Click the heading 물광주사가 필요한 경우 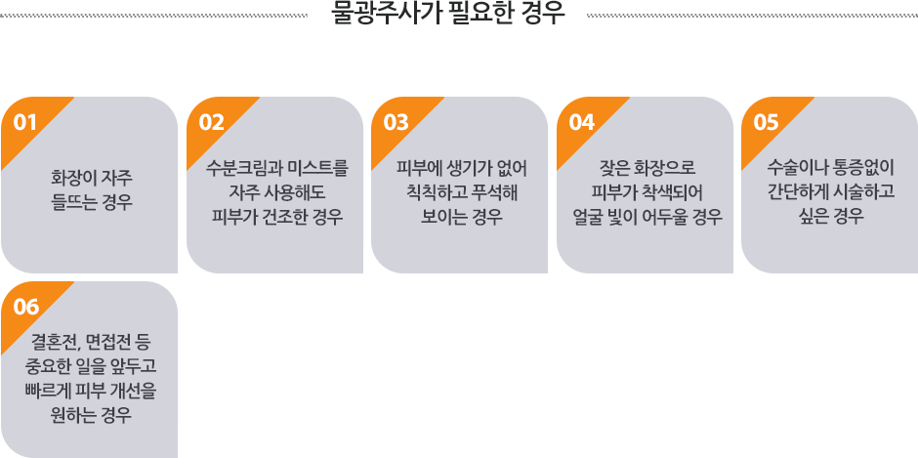448,14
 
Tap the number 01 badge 25,122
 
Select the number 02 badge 211,122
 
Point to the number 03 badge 396,122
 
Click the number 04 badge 581,122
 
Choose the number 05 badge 766,122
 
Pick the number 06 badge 25,307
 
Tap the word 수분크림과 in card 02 234,169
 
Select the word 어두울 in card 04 665,218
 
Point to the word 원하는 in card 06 71,415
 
